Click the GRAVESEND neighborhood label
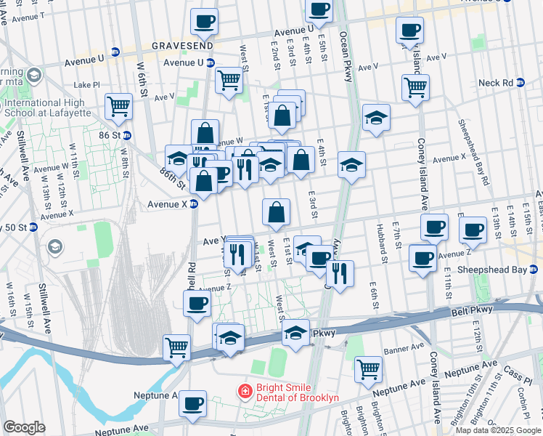182,46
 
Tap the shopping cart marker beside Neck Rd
415,88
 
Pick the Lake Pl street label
86,85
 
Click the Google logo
24,427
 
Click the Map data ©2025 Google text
498,430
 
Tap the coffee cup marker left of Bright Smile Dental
192,404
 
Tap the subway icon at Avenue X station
194,204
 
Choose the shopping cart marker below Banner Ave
369,368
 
